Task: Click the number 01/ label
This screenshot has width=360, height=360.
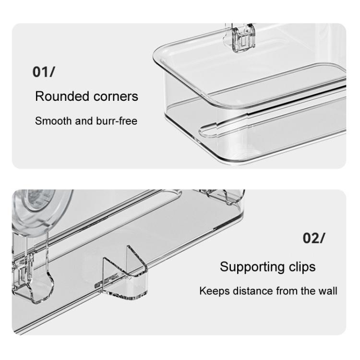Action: point(44,72)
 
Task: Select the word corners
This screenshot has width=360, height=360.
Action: point(116,96)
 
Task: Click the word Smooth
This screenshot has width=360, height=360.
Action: point(53,121)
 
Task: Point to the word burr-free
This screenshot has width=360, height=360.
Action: point(117,121)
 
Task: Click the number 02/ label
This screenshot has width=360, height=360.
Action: point(314,238)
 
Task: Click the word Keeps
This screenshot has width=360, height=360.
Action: point(214,291)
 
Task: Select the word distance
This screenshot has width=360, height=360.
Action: point(252,291)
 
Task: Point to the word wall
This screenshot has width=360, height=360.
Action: point(328,291)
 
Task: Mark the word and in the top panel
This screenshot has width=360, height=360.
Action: point(84,121)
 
